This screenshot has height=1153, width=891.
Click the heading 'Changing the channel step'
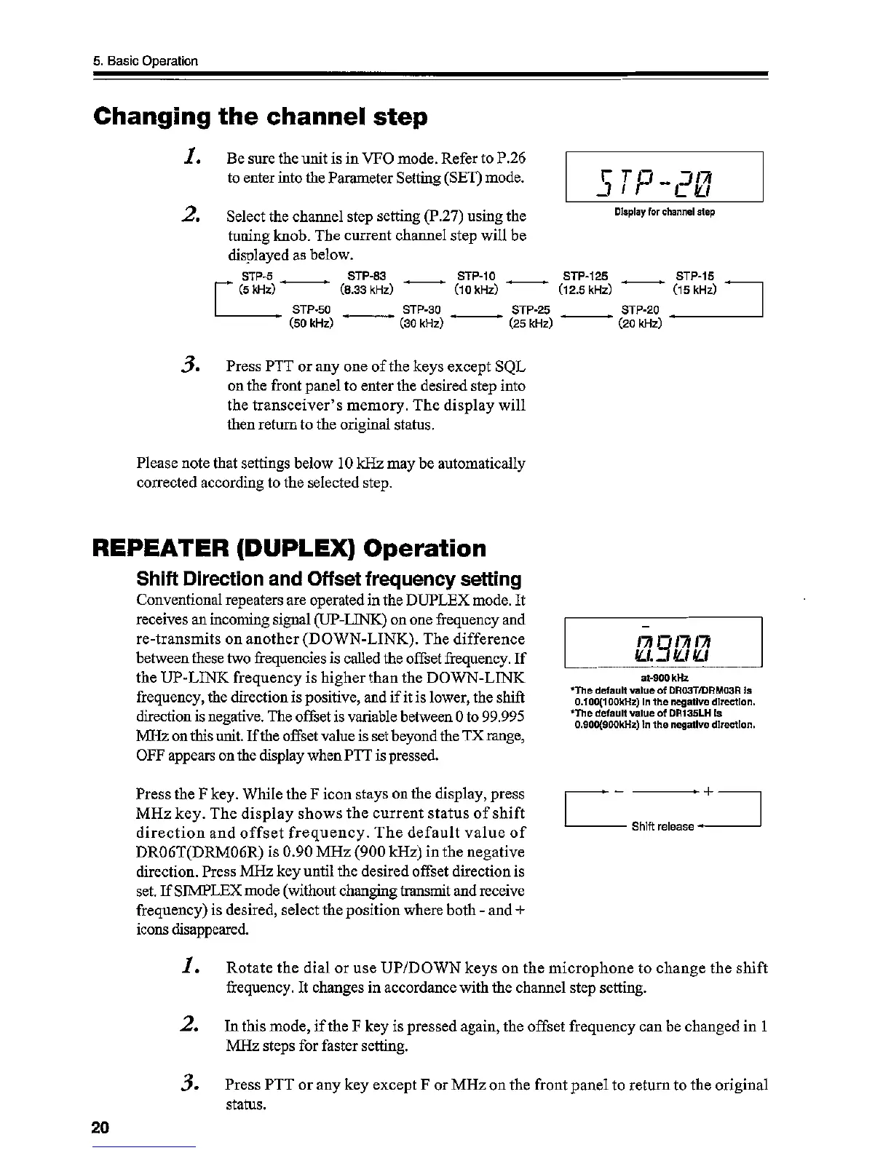[261, 117]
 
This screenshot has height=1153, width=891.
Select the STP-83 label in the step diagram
[367, 276]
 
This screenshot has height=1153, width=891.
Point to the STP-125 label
[585, 276]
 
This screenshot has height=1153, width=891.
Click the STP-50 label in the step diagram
[312, 310]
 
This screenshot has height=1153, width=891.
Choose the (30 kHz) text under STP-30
[421, 323]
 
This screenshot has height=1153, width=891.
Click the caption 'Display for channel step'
[664, 213]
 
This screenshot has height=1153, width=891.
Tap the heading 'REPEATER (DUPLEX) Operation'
[290, 548]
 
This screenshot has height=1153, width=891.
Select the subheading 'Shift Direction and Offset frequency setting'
[329, 579]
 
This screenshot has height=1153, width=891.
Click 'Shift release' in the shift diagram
[662, 826]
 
